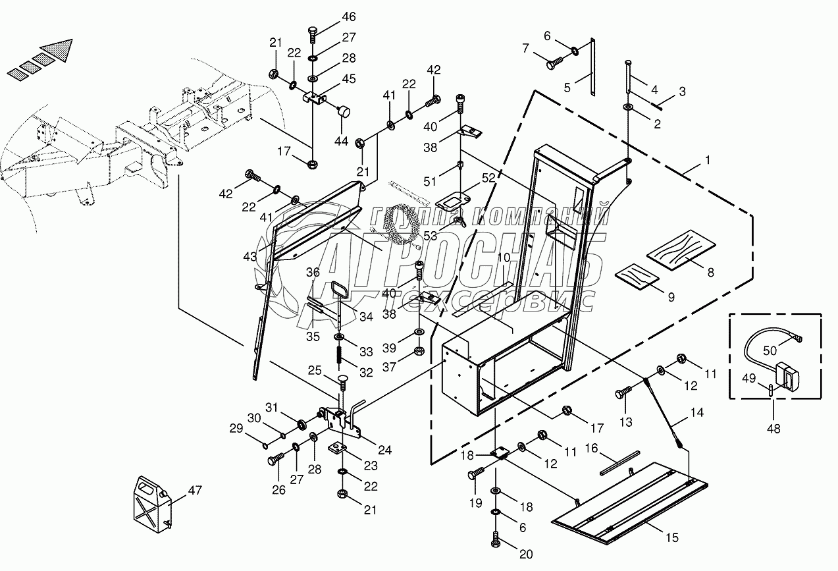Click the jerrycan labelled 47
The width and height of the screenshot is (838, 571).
click(152, 504)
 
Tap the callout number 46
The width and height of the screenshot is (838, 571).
click(349, 17)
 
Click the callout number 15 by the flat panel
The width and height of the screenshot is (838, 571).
click(672, 537)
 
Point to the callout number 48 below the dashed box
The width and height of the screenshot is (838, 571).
click(773, 429)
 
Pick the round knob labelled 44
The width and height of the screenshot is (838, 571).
click(344, 111)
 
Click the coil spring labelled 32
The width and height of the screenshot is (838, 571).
click(340, 354)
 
